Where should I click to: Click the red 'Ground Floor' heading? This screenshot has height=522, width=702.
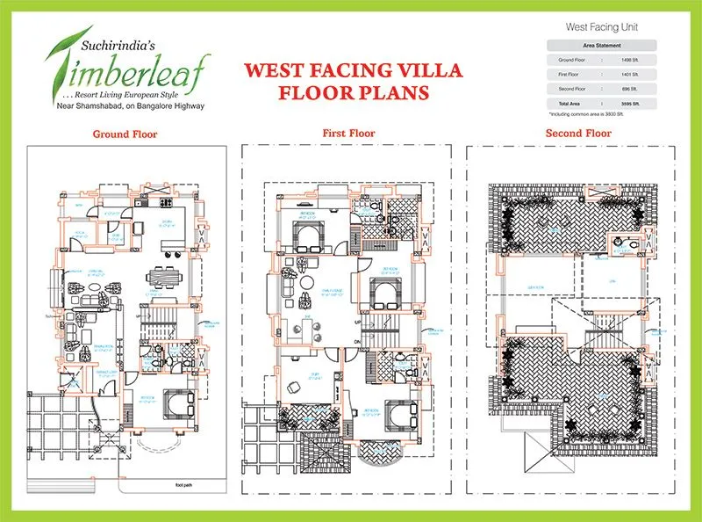[x=125, y=134]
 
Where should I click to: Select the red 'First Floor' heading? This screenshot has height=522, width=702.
[x=348, y=134]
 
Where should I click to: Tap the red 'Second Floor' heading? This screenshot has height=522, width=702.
[x=578, y=134]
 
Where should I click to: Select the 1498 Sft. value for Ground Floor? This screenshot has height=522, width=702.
[x=628, y=59]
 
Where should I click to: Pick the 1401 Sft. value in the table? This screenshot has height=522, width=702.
[x=628, y=74]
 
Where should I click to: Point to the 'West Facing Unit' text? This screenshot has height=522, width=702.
[x=601, y=27]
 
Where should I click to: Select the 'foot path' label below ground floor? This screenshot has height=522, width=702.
[x=183, y=484]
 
